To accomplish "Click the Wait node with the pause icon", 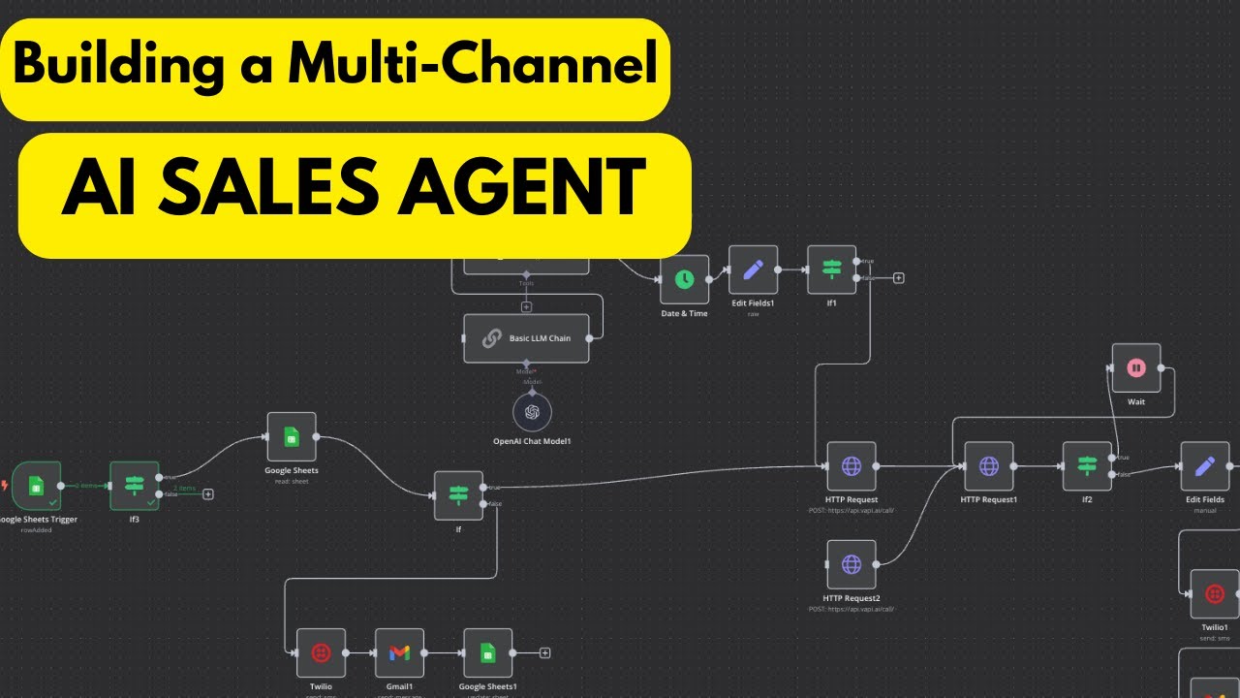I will pos(1136,368).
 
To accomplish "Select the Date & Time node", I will pos(684,279).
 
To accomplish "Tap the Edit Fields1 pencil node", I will pos(753,270).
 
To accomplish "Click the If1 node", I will pos(831,270).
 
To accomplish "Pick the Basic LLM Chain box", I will pos(526,338).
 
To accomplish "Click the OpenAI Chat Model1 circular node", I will pos(532,412).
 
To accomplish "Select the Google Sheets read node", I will pos(292,437).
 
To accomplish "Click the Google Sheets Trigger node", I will pos(37,486).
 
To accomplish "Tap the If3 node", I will pos(134,486).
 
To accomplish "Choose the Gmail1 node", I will pos(399,653).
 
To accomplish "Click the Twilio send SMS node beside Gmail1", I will pos(321,653).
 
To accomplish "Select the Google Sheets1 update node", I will pos(487,653).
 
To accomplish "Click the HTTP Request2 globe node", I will pos(852,564).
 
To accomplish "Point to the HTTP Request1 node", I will pos(988,466).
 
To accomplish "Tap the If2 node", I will pos(1086,466).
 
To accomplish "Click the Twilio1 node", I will pos(1214,593).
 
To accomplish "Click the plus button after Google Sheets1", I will pos(545,653).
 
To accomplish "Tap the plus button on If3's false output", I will pos(207,494).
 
